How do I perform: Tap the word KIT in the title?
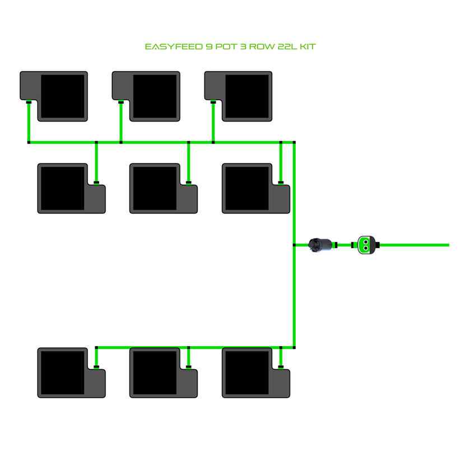coord(308,47)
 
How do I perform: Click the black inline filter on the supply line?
coord(322,245)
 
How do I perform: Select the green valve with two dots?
coord(366,245)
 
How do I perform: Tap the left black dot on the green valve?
coord(362,245)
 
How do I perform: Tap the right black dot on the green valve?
coord(371,245)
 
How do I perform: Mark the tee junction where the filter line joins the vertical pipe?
coord(295,245)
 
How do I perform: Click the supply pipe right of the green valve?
coord(415,245)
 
